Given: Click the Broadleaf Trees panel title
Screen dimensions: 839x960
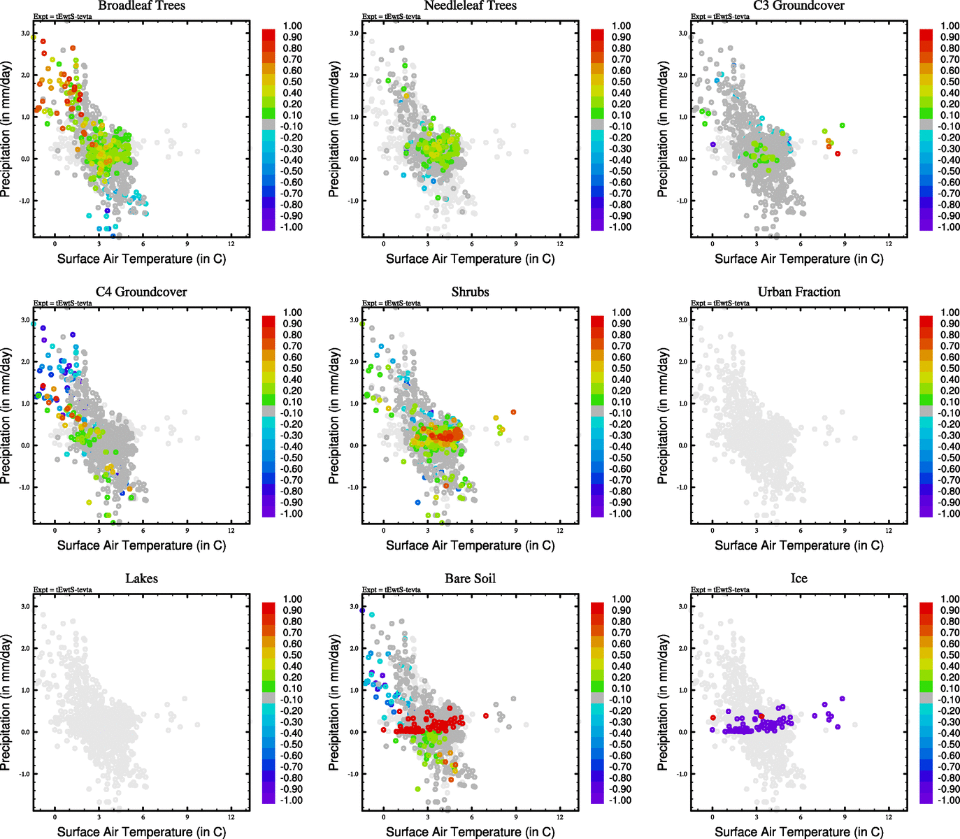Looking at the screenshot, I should [x=141, y=6].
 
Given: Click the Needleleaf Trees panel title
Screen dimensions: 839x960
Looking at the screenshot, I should [x=470, y=6].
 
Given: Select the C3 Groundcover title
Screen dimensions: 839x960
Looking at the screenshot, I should [x=798, y=6].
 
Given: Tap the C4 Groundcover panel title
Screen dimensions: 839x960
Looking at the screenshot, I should [x=141, y=292].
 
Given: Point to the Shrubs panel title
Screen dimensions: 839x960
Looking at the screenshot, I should [x=470, y=292].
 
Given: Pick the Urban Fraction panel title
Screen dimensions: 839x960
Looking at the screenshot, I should [x=798, y=292].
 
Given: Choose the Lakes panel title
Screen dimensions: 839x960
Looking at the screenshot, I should [x=141, y=579].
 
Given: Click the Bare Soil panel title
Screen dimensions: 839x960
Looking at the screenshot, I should [x=470, y=579].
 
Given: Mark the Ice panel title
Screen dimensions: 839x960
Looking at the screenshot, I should [x=798, y=579].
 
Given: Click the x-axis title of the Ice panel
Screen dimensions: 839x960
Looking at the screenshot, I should [x=798, y=832].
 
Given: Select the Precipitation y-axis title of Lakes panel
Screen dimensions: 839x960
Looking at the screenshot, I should [x=6, y=703].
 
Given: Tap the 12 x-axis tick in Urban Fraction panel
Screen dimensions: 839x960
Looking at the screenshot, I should [x=889, y=531].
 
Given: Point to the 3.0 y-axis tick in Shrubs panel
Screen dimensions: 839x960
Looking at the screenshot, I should [x=354, y=320].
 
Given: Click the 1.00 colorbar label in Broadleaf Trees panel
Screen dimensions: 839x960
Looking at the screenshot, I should [x=292, y=26].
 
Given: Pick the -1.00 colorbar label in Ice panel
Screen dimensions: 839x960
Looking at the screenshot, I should [x=949, y=801].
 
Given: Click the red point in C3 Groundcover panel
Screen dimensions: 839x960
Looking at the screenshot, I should [x=838, y=153].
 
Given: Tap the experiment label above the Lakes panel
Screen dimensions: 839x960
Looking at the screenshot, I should [x=62, y=590].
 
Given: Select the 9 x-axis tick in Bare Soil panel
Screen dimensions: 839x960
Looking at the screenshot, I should [x=516, y=817].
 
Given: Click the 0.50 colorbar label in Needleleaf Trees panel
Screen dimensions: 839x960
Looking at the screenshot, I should [x=621, y=82].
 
